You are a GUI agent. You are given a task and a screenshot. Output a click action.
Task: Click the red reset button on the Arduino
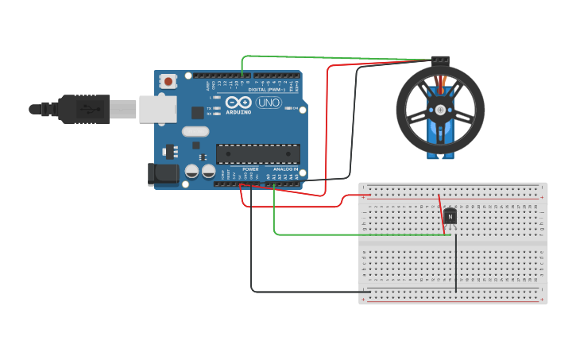[168, 80]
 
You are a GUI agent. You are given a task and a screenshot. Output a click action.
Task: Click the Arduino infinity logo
[237, 103]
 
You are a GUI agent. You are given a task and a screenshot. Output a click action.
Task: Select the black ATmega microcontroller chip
[258, 154]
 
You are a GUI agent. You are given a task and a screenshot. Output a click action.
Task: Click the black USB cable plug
[83, 109]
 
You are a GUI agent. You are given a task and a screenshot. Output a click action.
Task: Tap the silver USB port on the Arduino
[157, 109]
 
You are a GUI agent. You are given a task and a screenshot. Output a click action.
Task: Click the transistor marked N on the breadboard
[450, 215]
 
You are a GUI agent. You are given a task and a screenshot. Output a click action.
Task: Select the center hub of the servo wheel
[440, 110]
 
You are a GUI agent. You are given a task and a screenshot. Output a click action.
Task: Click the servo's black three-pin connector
[439, 60]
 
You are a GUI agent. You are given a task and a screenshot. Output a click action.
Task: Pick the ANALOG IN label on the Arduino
[285, 169]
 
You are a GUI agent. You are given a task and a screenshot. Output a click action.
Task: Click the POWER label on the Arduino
[250, 169]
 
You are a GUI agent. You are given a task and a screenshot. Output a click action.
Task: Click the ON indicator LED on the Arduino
[288, 108]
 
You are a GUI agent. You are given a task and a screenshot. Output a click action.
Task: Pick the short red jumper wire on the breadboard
[441, 215]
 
